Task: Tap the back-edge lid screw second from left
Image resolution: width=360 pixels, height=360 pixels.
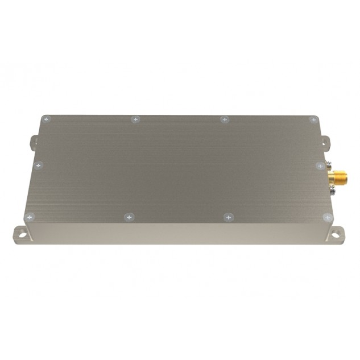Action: point(135,119)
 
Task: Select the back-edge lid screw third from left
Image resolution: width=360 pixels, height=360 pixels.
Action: point(225,119)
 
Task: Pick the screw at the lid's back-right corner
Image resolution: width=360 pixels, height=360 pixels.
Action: point(312,119)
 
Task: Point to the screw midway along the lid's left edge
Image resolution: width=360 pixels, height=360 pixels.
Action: point(39,165)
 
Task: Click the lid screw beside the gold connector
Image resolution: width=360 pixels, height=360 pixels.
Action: point(320,165)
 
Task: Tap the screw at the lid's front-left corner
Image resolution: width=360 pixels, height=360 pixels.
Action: point(30,217)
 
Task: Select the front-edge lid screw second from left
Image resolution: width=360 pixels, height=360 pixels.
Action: point(130,217)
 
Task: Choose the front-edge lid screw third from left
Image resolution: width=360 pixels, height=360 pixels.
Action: point(228,217)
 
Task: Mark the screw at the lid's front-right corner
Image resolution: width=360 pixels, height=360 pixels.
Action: point(326,217)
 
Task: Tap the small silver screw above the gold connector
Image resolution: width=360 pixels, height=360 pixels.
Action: point(330,165)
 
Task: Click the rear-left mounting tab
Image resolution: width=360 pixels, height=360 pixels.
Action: point(33,140)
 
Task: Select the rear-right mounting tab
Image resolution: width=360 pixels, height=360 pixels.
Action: point(325,140)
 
